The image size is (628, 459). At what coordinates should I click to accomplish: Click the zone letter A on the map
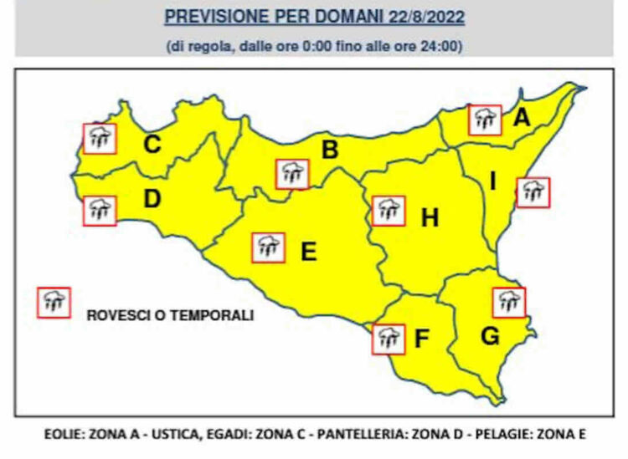click(522, 120)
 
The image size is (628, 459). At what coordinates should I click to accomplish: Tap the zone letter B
click(330, 150)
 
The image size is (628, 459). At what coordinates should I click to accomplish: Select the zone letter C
click(152, 145)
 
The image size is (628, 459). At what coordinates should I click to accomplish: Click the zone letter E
click(309, 251)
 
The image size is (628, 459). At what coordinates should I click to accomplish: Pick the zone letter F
click(422, 339)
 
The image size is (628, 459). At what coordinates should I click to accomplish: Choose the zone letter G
click(491, 337)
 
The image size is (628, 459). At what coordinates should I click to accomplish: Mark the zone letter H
click(430, 218)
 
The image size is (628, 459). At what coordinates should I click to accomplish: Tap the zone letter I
click(493, 181)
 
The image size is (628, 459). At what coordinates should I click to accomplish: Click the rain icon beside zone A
click(485, 120)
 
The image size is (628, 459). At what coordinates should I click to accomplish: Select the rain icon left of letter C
click(100, 138)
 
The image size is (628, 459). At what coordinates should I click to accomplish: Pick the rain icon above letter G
click(508, 302)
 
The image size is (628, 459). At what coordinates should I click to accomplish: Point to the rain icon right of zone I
click(533, 192)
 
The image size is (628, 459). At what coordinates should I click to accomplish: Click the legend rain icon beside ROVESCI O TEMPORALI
click(54, 302)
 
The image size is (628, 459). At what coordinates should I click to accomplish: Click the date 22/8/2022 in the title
click(428, 16)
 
